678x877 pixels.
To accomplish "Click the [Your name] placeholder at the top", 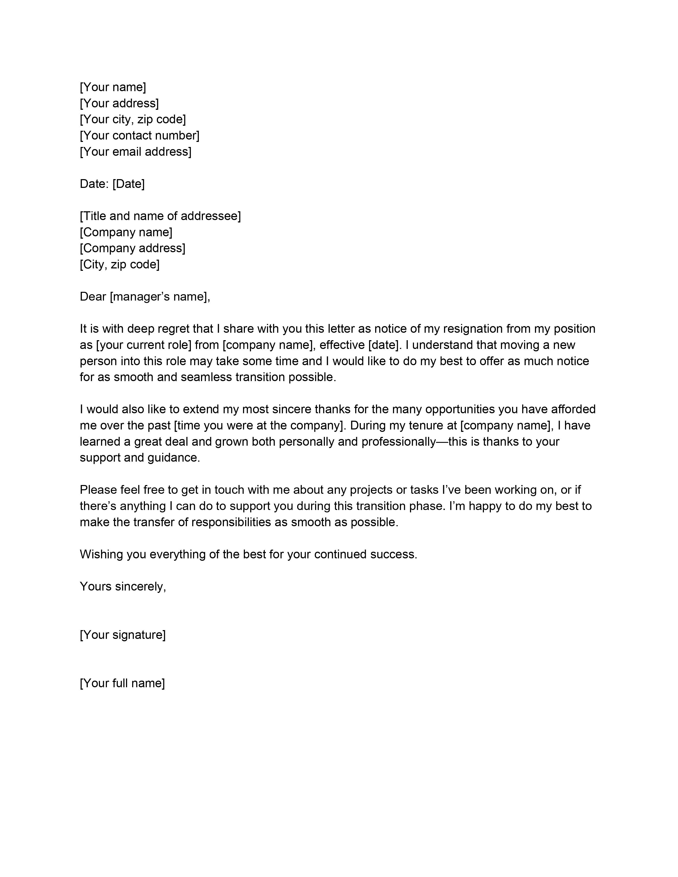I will tap(113, 87).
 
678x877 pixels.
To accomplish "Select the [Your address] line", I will tap(119, 103).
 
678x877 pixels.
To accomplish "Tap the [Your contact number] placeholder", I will tap(139, 135).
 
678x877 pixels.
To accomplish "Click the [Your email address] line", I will tap(135, 151).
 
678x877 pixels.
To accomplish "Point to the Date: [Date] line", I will tap(112, 184).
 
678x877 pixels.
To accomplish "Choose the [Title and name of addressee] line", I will tap(160, 216).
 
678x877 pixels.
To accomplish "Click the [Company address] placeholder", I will tap(133, 248).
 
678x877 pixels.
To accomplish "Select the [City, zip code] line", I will tap(120, 264).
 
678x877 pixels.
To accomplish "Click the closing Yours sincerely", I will tap(123, 586).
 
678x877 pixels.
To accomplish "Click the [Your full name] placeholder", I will tap(123, 683).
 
